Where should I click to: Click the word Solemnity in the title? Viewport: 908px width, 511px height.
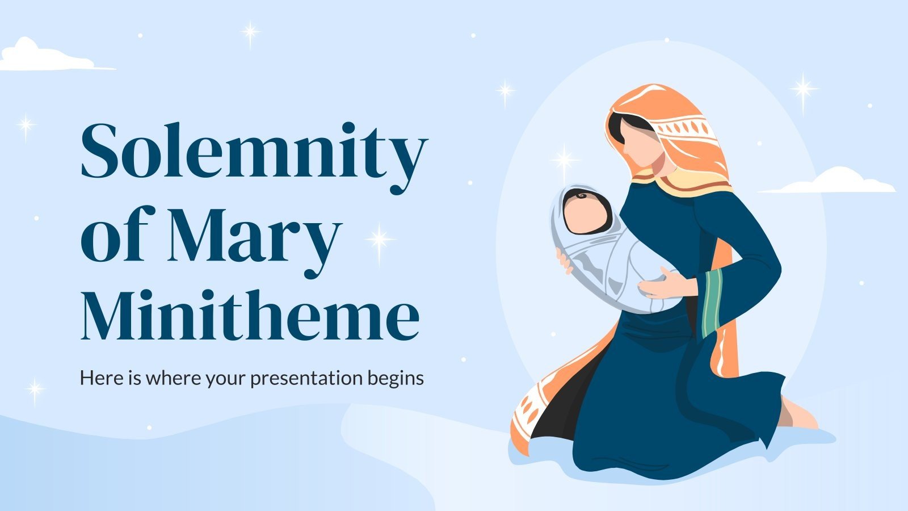pos(253,150)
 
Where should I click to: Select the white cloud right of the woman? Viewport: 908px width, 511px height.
pos(834,182)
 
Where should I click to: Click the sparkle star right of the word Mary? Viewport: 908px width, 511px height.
pos(380,239)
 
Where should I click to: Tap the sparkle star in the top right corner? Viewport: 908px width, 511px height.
pos(804,89)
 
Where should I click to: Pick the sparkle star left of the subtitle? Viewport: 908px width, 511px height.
pos(35,389)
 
